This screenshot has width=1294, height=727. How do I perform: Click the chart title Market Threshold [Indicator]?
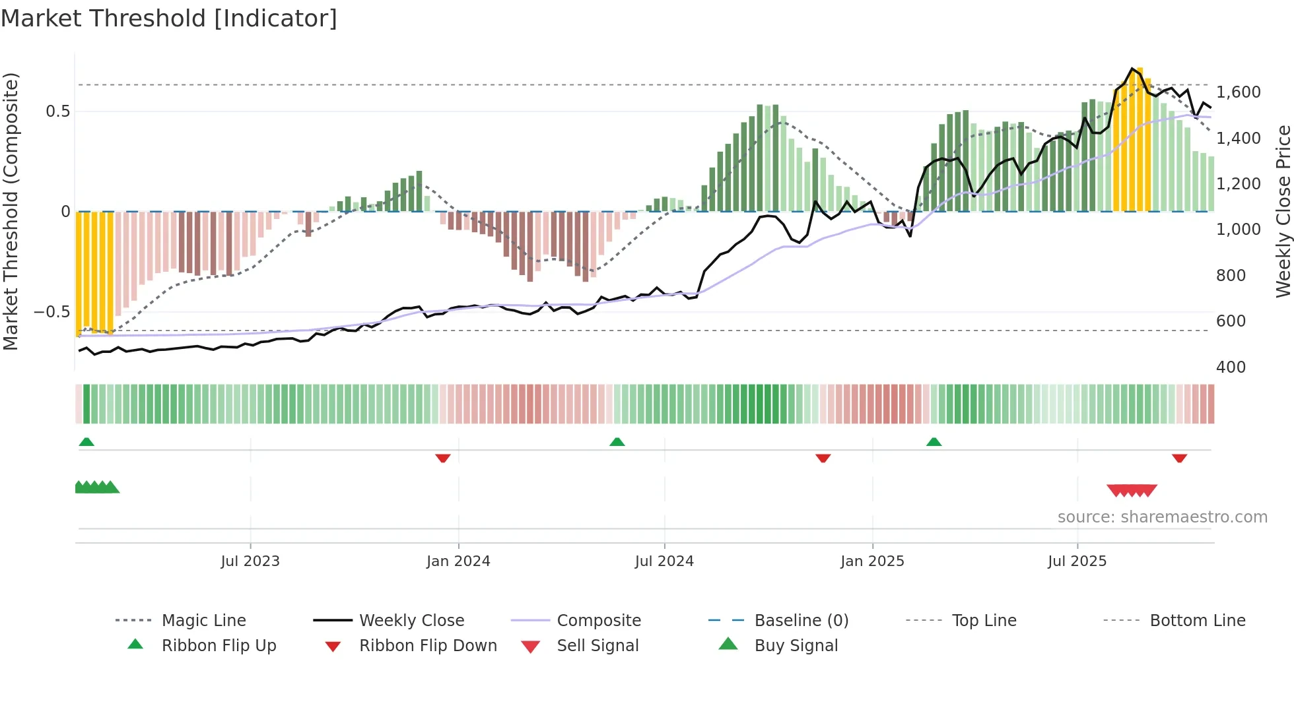[x=169, y=18]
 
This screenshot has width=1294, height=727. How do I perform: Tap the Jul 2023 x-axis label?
[x=250, y=561]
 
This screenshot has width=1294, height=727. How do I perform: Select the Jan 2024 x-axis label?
[x=458, y=561]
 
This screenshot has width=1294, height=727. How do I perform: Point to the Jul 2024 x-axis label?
[x=664, y=561]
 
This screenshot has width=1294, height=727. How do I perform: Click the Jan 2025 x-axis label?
[x=872, y=561]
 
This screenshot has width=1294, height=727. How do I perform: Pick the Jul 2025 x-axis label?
[x=1077, y=561]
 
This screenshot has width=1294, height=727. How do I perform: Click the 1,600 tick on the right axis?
[x=1239, y=92]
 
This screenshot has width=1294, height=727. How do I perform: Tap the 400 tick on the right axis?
[x=1231, y=367]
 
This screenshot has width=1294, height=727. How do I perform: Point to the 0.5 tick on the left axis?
[x=57, y=111]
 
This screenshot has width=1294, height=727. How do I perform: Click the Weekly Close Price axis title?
[x=1283, y=211]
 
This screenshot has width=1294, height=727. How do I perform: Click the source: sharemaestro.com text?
[x=1162, y=517]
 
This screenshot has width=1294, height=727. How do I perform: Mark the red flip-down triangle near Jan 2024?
[x=443, y=458]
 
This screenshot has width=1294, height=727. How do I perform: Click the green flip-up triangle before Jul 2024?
[x=617, y=442]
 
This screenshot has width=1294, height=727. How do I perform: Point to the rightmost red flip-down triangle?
[x=1180, y=458]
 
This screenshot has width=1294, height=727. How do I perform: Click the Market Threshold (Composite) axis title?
[x=11, y=211]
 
